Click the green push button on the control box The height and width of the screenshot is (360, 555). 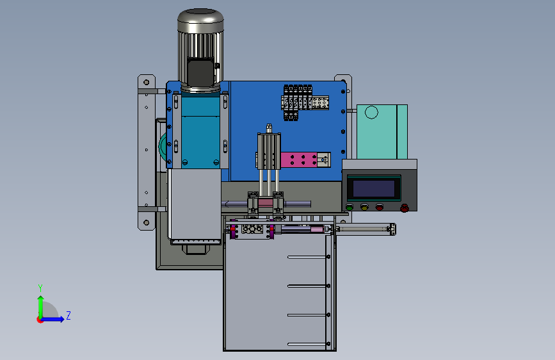click(x=350, y=207)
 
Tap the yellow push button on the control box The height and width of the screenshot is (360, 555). click(x=364, y=207)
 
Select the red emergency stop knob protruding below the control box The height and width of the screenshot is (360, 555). click(x=405, y=208)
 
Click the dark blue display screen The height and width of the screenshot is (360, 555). click(x=374, y=188)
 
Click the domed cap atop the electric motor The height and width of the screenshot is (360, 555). click(x=201, y=20)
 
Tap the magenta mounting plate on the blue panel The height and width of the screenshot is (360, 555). click(x=299, y=160)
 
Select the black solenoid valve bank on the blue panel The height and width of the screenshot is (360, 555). click(x=298, y=102)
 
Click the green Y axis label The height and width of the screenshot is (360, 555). click(x=40, y=288)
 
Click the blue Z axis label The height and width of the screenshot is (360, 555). click(x=68, y=315)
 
